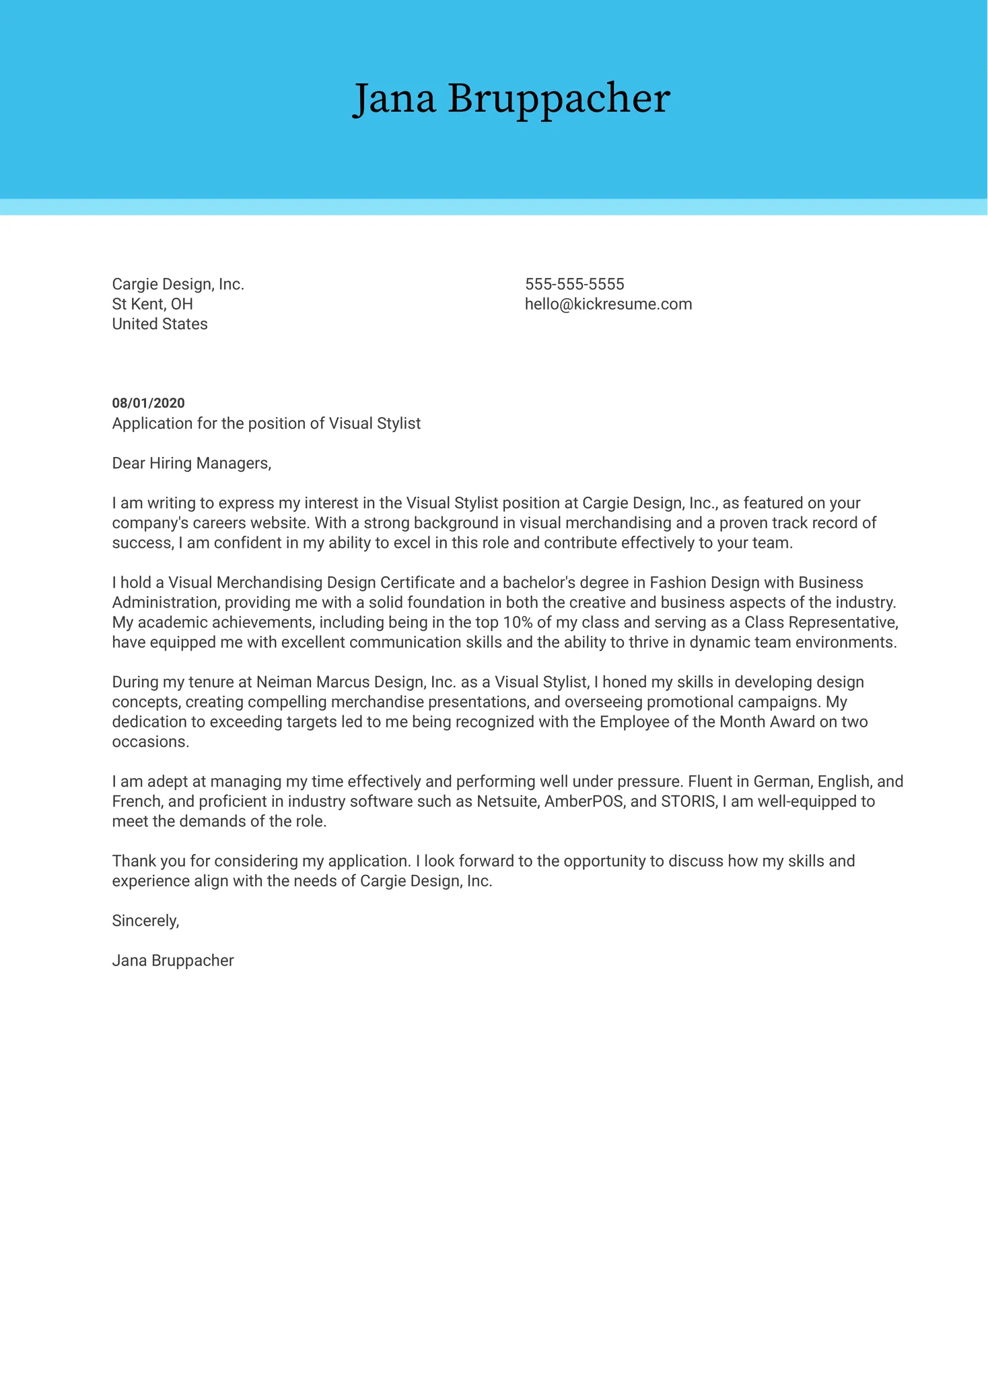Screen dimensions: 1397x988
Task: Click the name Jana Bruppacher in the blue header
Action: click(x=511, y=98)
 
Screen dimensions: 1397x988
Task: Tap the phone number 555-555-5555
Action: click(x=574, y=284)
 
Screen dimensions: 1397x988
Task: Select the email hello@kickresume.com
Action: click(x=608, y=304)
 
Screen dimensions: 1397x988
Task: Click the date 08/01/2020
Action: click(x=148, y=403)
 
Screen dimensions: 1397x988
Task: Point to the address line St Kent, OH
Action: click(x=152, y=304)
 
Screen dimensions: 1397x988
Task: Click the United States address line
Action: click(x=160, y=324)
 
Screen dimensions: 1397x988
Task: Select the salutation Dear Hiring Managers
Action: click(x=191, y=463)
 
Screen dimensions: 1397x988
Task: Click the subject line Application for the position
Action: click(x=266, y=423)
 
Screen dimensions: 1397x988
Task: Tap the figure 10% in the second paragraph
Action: click(x=518, y=622)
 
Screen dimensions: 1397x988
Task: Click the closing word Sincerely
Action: click(x=145, y=921)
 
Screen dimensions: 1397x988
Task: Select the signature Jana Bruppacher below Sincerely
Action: click(x=173, y=961)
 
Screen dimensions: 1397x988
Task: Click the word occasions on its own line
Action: click(x=150, y=742)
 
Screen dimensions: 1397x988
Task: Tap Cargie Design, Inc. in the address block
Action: click(x=178, y=284)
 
